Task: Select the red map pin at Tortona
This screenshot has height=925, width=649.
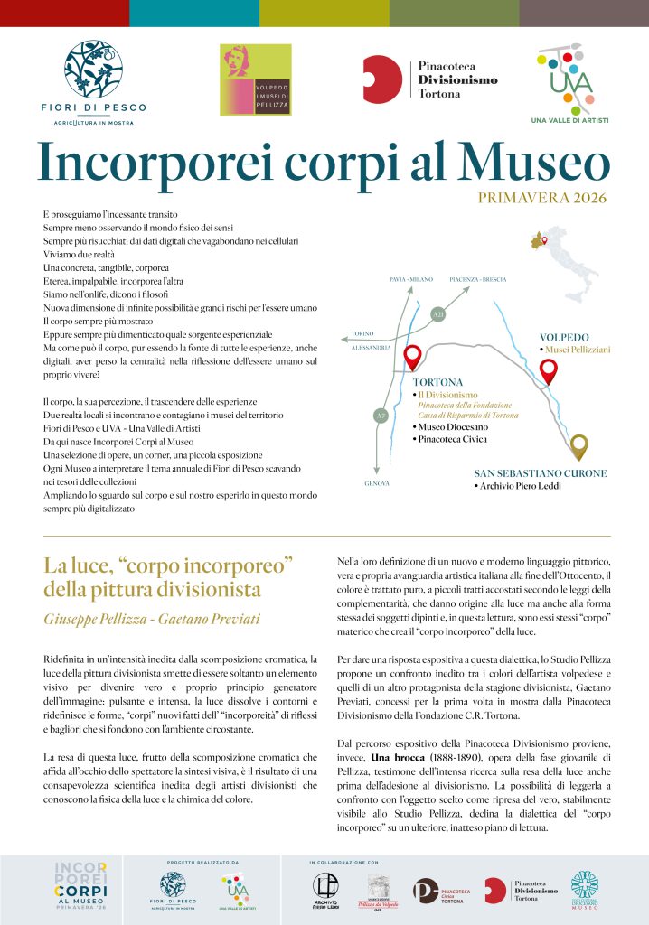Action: pos(412,357)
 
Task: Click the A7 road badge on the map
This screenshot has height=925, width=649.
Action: pos(380,416)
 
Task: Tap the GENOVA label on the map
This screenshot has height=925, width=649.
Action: pos(378,484)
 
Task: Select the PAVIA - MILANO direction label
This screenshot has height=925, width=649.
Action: pos(410,280)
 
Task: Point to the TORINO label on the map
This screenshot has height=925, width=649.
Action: pos(363,333)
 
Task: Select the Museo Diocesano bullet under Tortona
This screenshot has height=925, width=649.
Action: pos(451,427)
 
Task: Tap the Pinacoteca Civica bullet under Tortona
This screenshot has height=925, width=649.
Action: pos(451,440)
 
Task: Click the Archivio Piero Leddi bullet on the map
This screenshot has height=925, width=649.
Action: pos(518,487)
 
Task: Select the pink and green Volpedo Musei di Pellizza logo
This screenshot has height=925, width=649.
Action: pos(258,79)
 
